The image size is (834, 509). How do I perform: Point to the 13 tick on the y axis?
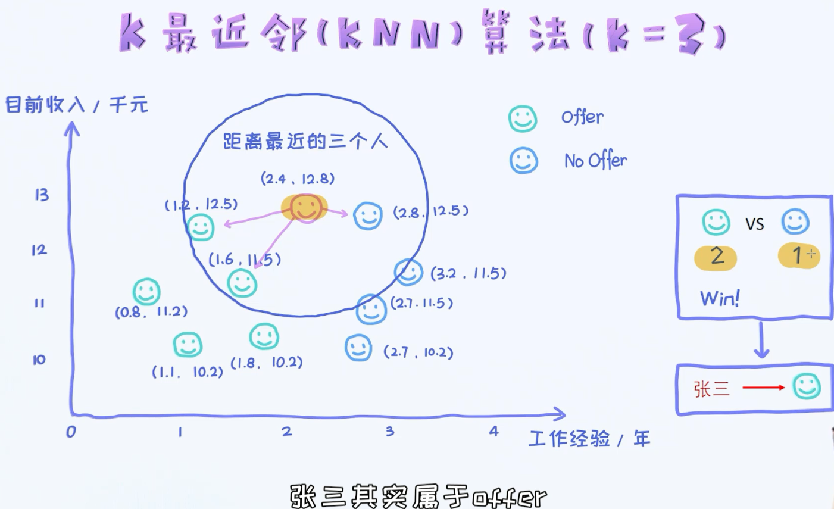click(x=42, y=195)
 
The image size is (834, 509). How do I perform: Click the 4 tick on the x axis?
click(x=493, y=431)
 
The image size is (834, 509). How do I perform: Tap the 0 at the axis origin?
click(x=71, y=432)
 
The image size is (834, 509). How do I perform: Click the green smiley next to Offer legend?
click(x=523, y=119)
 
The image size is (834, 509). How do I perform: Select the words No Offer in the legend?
click(x=595, y=160)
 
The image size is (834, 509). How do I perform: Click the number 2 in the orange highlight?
click(x=716, y=257)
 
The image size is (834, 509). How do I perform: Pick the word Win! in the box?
click(x=720, y=298)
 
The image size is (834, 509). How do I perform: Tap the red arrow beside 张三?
click(x=764, y=388)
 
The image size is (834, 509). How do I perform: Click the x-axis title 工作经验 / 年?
click(x=589, y=439)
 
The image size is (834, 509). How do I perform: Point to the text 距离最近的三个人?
click(x=305, y=141)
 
